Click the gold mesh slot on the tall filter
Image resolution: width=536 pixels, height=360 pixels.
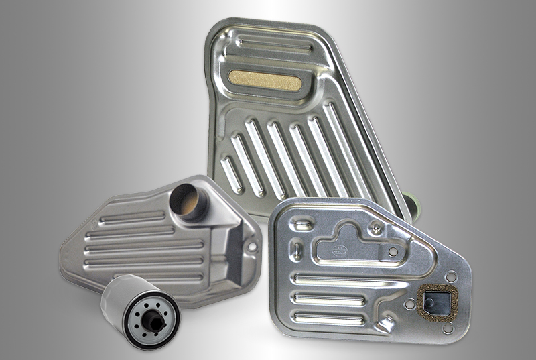click(x=265, y=82)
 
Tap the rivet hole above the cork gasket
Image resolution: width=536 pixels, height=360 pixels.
click(x=450, y=276)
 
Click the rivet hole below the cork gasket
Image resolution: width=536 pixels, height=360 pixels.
click(x=447, y=328)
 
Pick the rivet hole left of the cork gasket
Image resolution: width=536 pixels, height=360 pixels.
click(x=409, y=304)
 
